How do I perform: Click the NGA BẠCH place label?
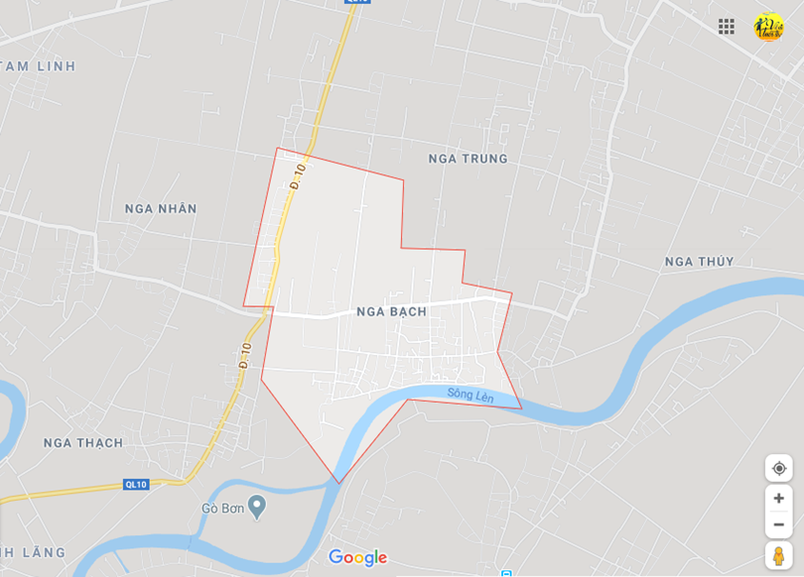(391, 311)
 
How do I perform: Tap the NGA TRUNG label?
(468, 159)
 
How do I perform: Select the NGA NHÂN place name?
(161, 208)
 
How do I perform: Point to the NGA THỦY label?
(699, 262)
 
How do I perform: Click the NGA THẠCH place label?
(83, 442)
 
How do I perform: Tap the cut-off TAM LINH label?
(38, 66)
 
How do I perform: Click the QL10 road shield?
(136, 484)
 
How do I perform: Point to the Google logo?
(357, 557)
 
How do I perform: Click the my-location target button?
(778, 468)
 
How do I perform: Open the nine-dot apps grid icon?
(727, 27)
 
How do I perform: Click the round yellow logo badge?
(768, 27)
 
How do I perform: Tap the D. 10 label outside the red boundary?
(244, 355)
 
